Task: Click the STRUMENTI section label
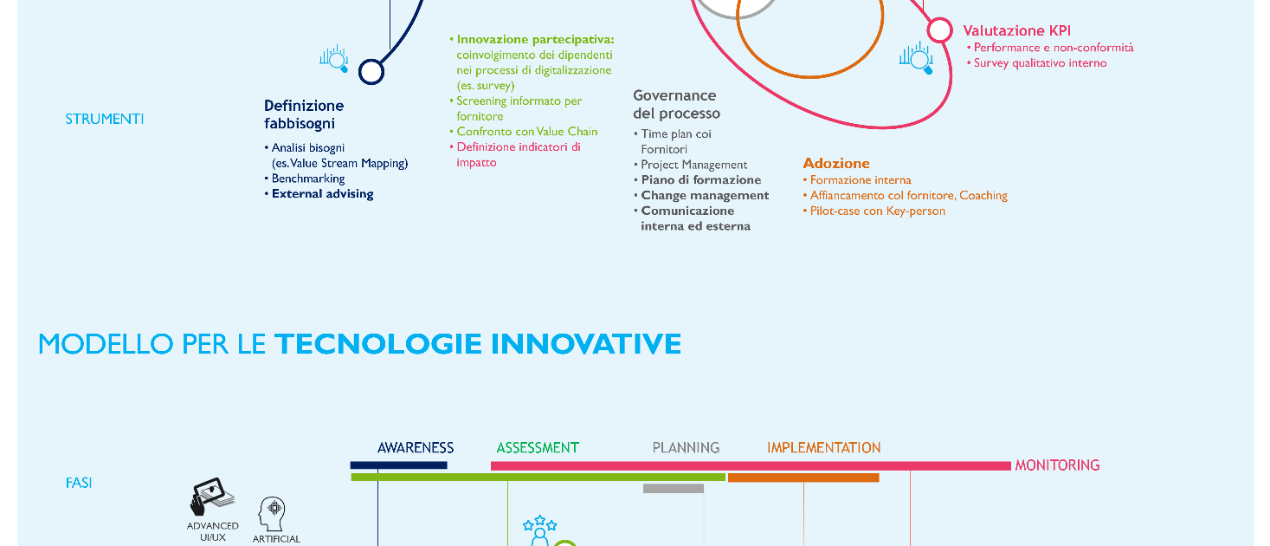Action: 105,120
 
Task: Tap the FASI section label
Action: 79,483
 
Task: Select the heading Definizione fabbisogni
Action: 304,114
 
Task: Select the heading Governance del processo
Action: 676,104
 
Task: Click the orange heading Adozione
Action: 836,164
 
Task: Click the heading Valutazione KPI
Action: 1016,30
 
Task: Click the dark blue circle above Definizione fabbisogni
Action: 371,72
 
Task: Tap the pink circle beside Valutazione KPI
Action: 939,30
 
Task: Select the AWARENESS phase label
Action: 416,448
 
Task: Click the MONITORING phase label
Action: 1057,465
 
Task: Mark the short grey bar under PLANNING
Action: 674,488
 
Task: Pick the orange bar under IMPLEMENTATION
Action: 803,478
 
